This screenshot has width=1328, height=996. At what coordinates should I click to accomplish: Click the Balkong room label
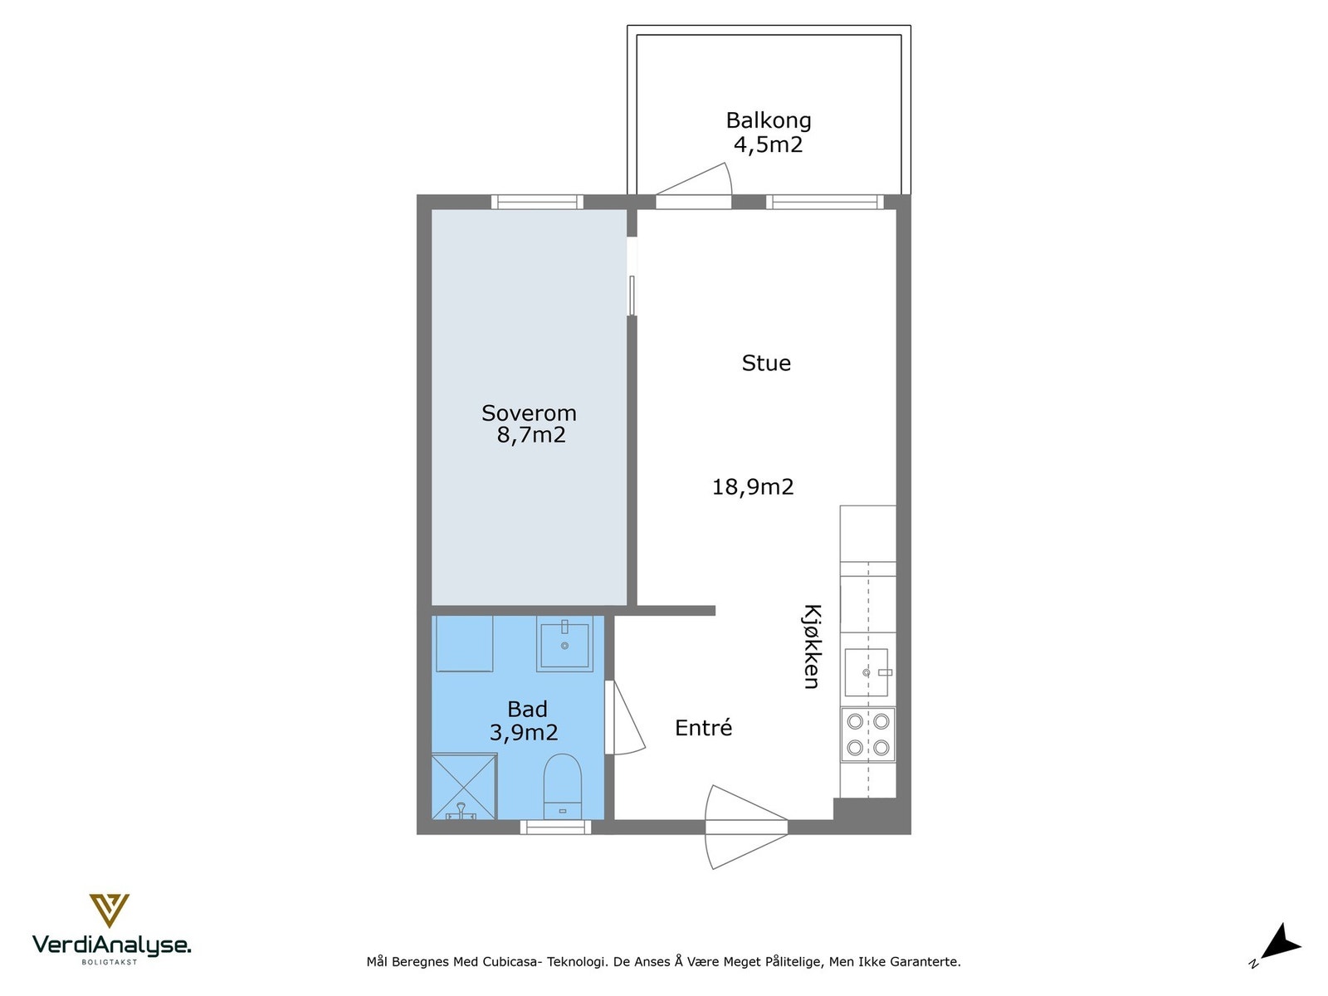769,120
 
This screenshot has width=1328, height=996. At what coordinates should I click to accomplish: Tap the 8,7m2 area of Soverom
531,435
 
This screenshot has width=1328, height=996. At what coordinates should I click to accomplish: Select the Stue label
766,363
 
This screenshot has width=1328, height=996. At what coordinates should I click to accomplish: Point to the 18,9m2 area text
753,487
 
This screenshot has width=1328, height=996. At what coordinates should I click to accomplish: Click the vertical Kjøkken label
812,646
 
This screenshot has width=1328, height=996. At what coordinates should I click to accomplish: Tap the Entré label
703,728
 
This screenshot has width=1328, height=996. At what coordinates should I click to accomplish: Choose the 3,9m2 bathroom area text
524,732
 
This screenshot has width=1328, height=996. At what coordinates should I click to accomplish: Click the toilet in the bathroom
562,786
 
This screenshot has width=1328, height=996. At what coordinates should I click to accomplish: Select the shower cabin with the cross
464,786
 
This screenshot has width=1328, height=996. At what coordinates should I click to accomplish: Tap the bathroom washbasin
564,644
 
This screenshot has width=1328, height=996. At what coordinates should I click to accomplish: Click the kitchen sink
867,672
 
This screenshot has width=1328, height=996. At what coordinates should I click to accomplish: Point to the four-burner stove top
867,735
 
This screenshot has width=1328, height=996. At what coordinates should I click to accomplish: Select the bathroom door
625,718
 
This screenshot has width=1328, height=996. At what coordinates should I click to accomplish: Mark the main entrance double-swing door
746,827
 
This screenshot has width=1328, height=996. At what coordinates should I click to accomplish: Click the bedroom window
537,202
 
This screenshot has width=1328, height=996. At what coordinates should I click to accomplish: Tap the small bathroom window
555,828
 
